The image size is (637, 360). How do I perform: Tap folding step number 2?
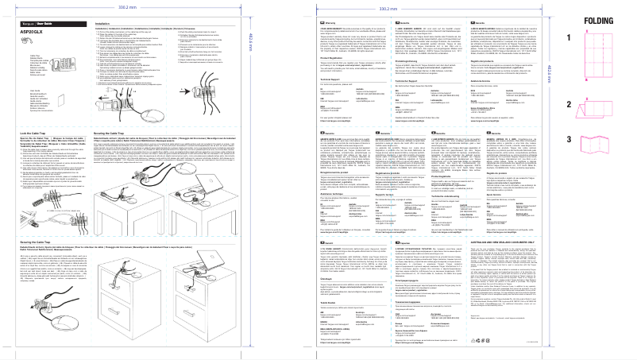pos(568,104)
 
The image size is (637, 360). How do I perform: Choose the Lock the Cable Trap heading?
pos(37,132)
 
